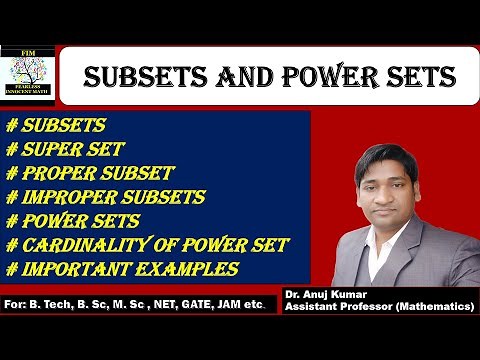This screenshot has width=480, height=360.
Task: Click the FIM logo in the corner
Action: click(28, 76)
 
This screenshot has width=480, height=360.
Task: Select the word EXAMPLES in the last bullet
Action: click(188, 268)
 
